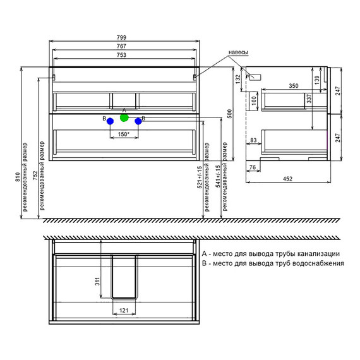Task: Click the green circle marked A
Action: (x=124, y=117)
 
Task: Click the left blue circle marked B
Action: (x=110, y=121)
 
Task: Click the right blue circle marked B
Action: (x=138, y=121)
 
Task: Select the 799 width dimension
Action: (x=121, y=37)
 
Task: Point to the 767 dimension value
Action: (x=121, y=46)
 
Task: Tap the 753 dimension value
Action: (x=121, y=55)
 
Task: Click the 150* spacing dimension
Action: (x=124, y=134)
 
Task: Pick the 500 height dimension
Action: (x=229, y=114)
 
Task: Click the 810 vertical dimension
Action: (x=18, y=177)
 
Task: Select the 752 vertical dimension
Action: (x=35, y=176)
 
